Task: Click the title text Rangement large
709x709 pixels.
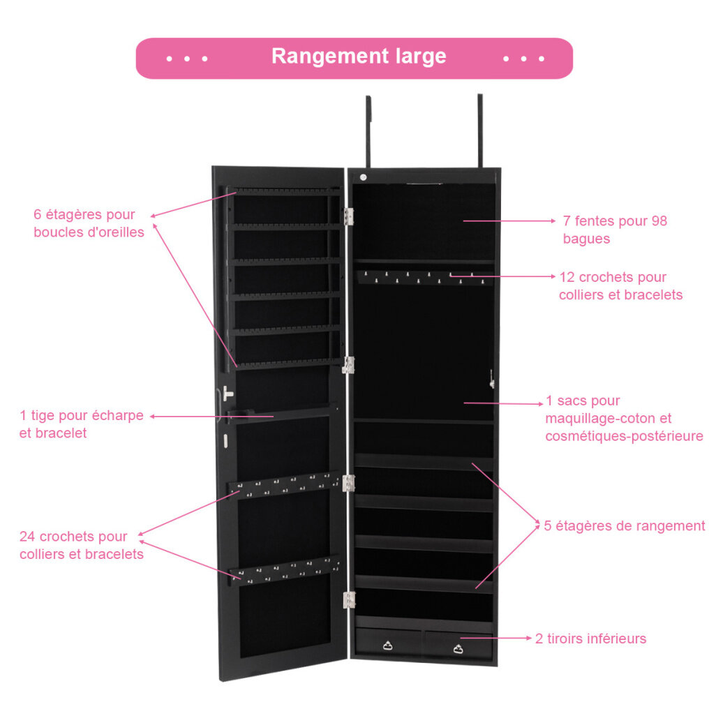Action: [x=359, y=57]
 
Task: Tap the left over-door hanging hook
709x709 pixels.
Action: [x=368, y=131]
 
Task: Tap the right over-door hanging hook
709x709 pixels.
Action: [x=479, y=130]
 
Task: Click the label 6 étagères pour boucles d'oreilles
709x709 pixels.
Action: [x=89, y=223]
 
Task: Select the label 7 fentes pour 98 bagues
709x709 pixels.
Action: [x=615, y=230]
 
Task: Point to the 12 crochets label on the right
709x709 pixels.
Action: [x=620, y=286]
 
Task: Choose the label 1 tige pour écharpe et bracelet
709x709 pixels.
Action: [x=81, y=424]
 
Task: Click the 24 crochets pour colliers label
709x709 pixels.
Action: [x=82, y=545]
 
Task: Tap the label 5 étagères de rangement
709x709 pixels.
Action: [x=624, y=526]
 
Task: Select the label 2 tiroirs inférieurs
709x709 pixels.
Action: [x=590, y=639]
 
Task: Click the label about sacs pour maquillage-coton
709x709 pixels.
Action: [x=624, y=418]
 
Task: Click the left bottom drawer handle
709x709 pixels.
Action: [x=387, y=645]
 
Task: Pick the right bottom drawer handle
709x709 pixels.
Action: [x=458, y=649]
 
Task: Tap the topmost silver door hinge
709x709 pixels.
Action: [x=349, y=216]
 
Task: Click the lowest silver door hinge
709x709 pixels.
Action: [x=349, y=599]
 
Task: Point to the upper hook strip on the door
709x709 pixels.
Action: [x=284, y=485]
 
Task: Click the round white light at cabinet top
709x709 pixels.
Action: [x=363, y=177]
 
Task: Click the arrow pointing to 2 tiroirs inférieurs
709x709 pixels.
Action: [x=496, y=638]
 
